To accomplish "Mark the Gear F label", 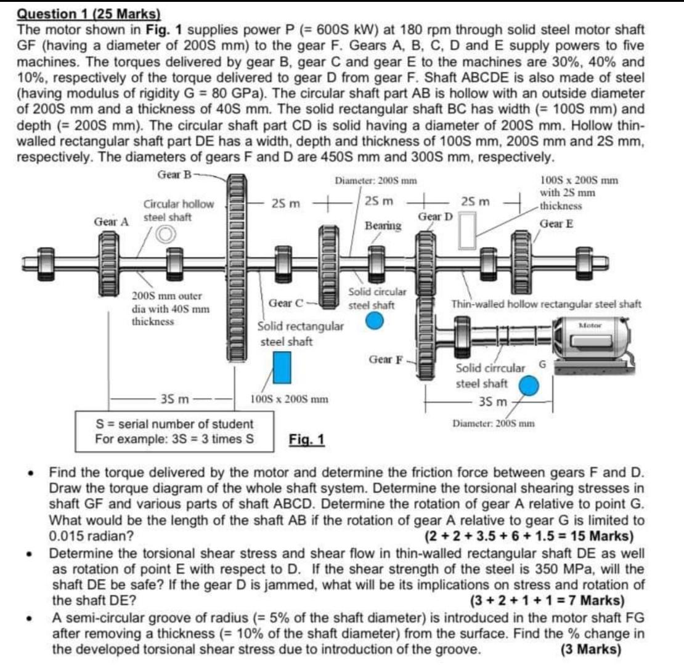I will pyautogui.click(x=385, y=358).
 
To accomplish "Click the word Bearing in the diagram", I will pyautogui.click(x=383, y=226).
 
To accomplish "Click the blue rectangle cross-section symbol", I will pyautogui.click(x=282, y=367).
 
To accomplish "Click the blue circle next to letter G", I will pyautogui.click(x=527, y=385).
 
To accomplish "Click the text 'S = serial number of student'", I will pyautogui.click(x=173, y=424).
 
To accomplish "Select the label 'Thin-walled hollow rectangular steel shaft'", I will pyautogui.click(x=546, y=304).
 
